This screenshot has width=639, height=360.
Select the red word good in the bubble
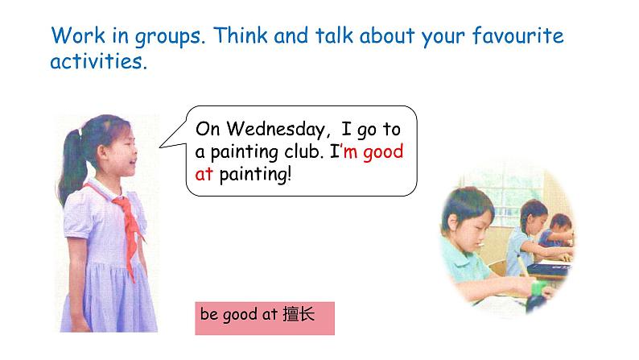[x=382, y=152]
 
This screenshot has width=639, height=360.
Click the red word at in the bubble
[x=204, y=174]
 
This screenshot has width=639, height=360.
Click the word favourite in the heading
[x=518, y=35]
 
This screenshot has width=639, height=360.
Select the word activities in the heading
[x=98, y=61]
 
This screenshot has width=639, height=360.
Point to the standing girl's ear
[x=103, y=153]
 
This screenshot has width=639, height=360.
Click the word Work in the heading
[x=78, y=35]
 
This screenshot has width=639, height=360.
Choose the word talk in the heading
[x=334, y=35]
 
